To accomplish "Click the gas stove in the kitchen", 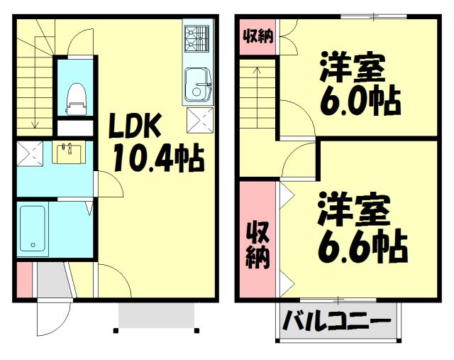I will coord(196,39).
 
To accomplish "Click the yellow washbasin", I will coord(70,152).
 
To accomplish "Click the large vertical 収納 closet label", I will coord(258,246).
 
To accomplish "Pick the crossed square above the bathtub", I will coord(30,152).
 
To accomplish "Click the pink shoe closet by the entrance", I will coord(23,278).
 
